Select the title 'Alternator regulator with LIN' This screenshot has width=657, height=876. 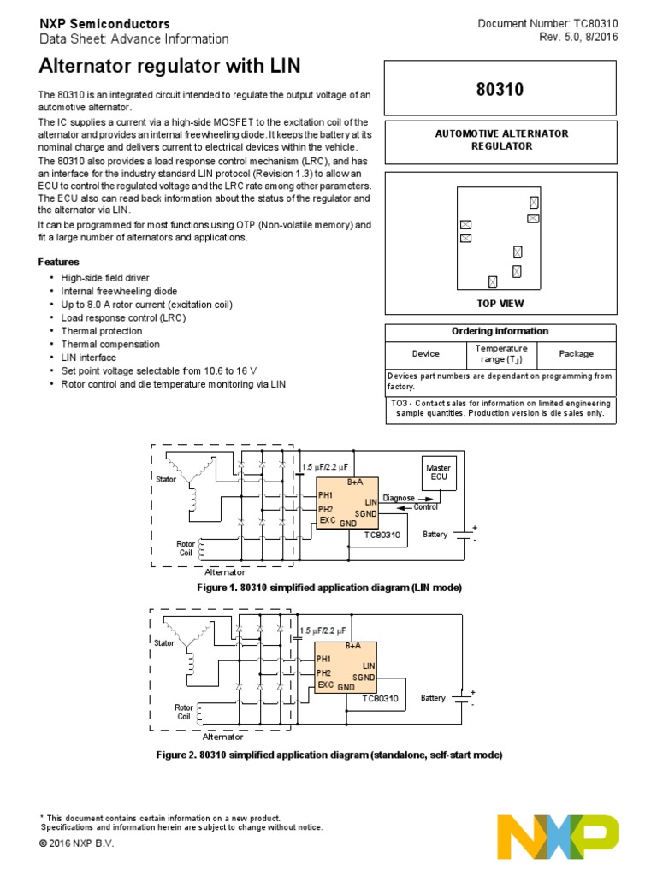coord(170,68)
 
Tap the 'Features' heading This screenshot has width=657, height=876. coord(59,262)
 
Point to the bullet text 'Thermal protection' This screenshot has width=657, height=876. coord(102,331)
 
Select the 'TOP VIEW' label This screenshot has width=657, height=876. coord(500,304)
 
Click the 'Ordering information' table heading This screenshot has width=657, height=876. coord(500,331)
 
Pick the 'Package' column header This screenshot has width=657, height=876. coord(576,353)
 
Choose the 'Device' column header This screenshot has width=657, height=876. coord(425,353)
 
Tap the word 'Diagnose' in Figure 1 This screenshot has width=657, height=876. coord(399,498)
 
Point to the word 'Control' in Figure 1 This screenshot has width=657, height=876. coord(425,507)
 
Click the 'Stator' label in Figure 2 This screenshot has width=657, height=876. coord(165,642)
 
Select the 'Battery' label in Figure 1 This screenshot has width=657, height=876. coord(435,535)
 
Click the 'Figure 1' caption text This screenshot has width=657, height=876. coord(329,589)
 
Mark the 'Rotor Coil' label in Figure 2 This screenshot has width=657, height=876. coord(185,712)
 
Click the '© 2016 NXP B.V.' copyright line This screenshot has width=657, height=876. coord(76,843)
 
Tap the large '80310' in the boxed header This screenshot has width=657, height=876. coord(500,89)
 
